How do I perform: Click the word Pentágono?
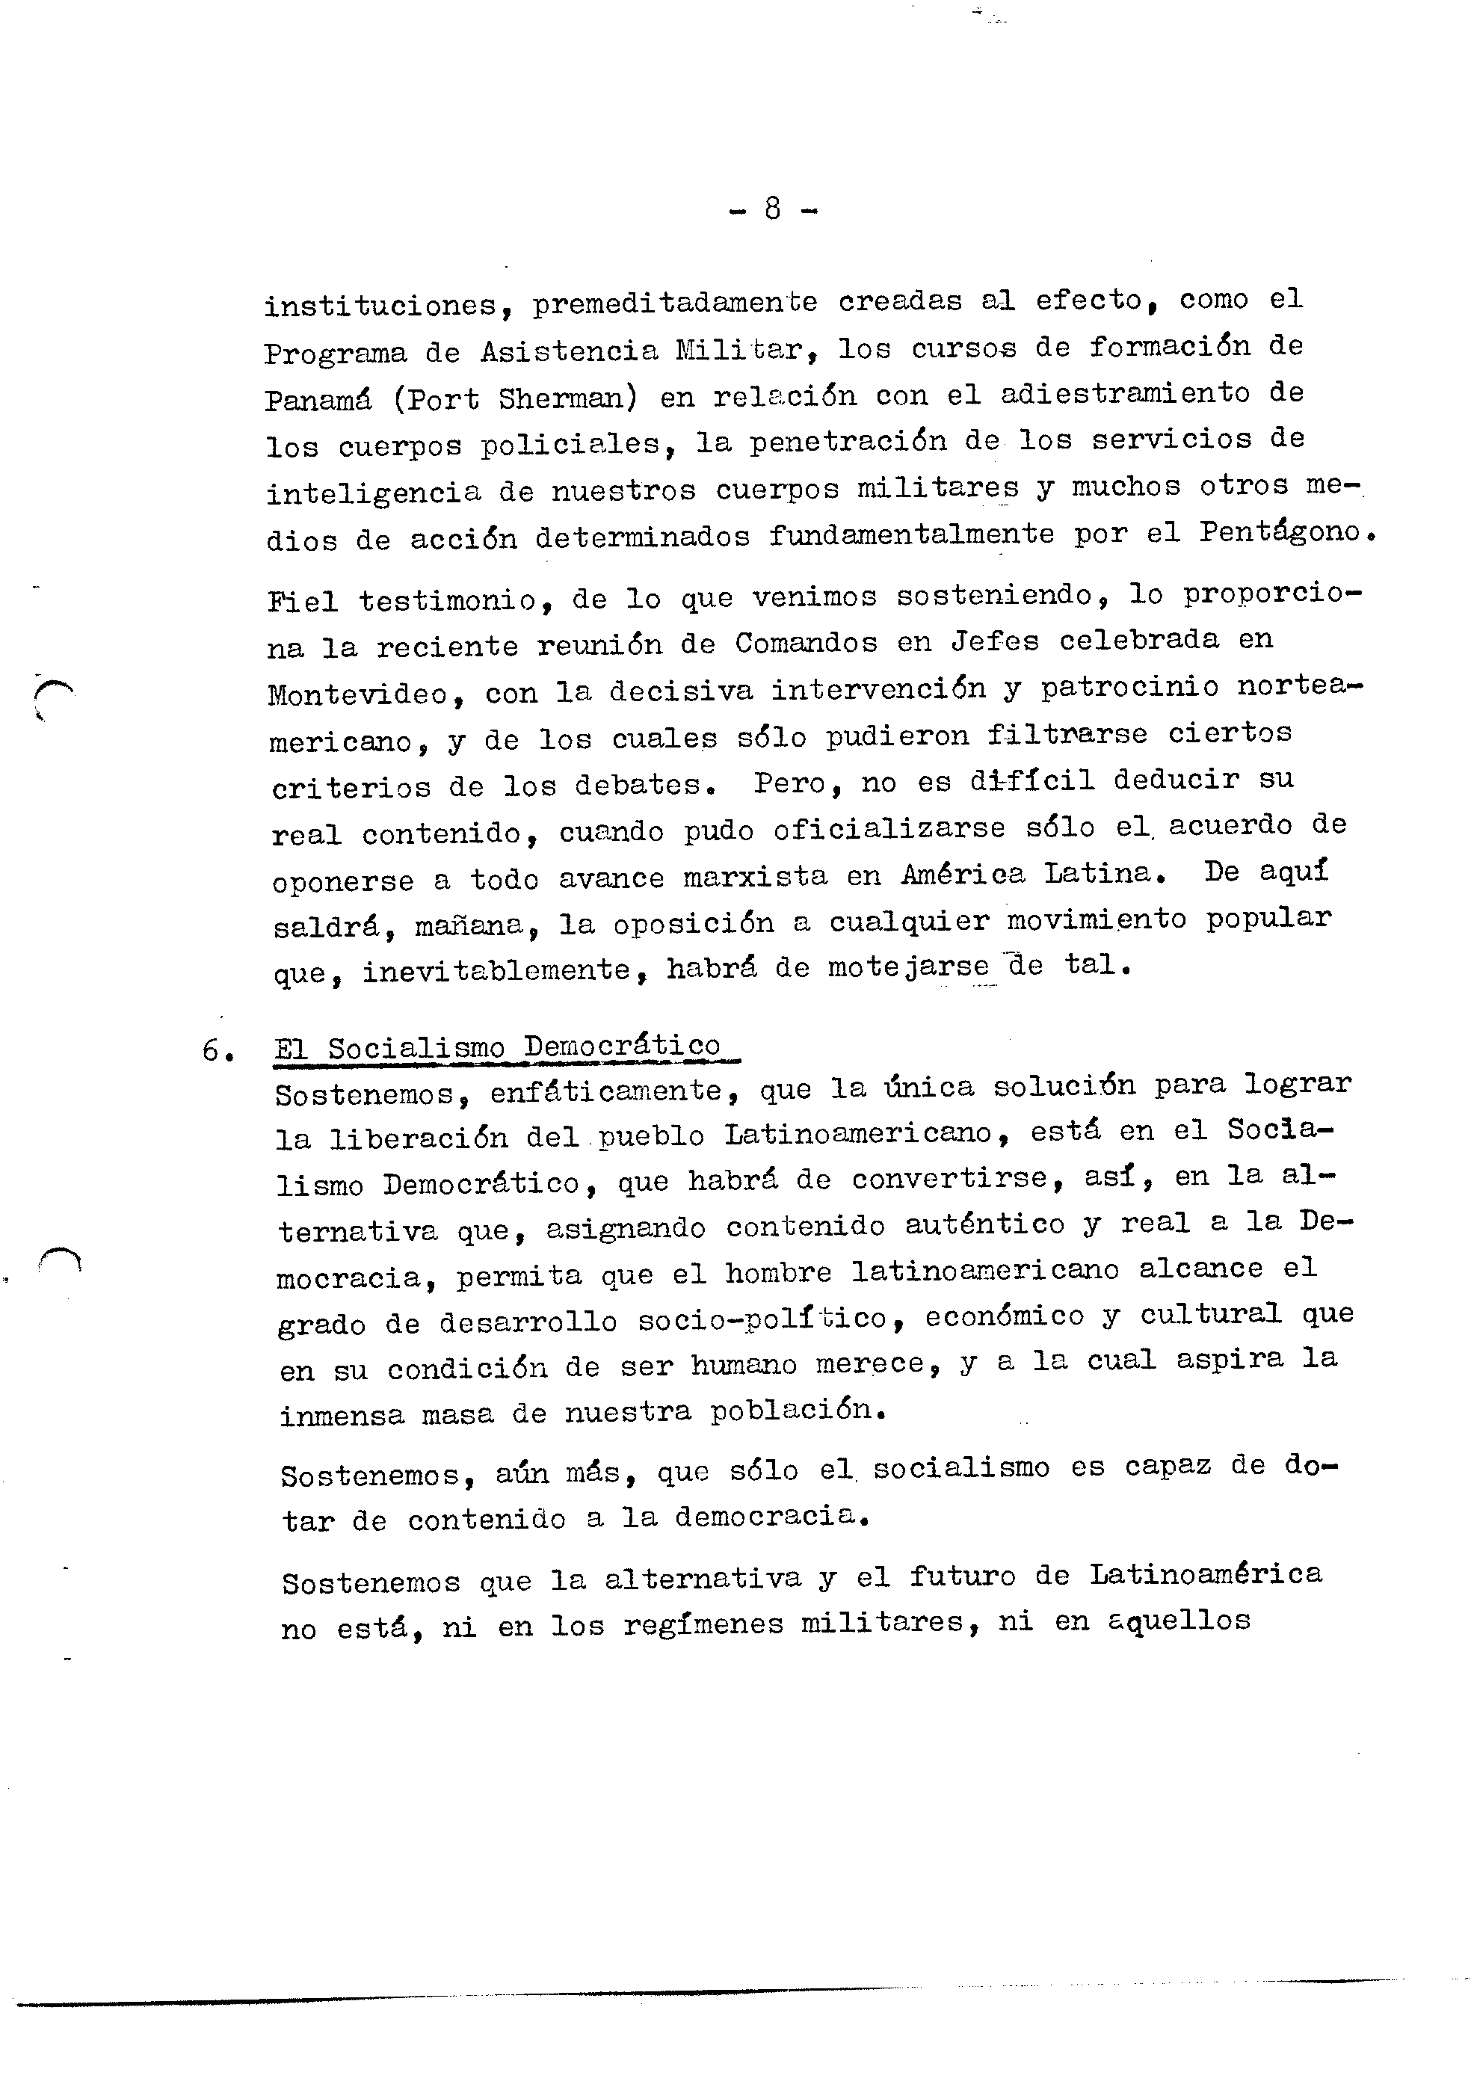click(x=1279, y=531)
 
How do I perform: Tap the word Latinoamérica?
click(x=1205, y=1574)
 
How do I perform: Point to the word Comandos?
click(x=806, y=643)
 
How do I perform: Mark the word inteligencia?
click(x=373, y=493)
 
